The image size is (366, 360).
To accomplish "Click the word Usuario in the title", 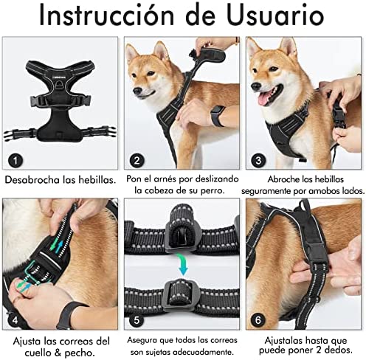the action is (275, 15).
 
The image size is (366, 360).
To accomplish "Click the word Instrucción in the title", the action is (106, 15).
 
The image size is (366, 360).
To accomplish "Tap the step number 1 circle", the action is (15, 161).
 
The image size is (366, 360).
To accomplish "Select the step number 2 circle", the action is (137, 161).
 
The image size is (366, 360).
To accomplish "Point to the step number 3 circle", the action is (258, 161).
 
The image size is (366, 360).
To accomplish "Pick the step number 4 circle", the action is (15, 320).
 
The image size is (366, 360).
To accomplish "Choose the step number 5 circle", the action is (137, 320).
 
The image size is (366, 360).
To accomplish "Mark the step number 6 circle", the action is (258, 320).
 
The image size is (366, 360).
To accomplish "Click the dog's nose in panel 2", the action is (137, 91).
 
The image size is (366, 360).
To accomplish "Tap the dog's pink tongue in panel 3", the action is (265, 99).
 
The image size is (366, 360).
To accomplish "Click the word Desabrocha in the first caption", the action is (32, 180).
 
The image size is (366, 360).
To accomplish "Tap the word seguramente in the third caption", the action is (266, 192).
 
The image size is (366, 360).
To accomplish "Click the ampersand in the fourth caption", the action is (58, 353).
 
